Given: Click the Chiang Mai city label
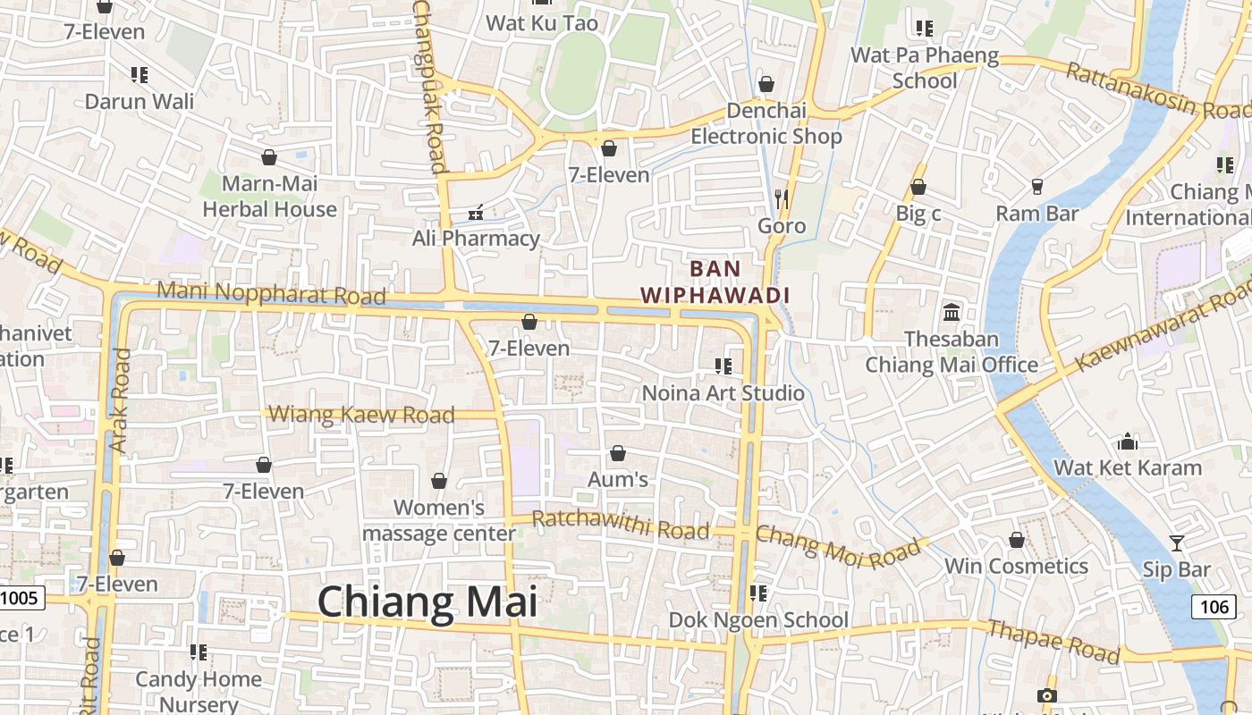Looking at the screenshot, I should click(427, 601).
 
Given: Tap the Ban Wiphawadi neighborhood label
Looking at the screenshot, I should click(715, 282).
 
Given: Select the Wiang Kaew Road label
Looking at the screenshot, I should click(361, 415).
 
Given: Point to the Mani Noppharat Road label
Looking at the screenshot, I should click(271, 293).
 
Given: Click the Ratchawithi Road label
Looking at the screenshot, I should click(621, 525).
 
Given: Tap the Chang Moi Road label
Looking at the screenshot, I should click(837, 545).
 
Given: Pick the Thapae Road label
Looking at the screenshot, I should click(1053, 642).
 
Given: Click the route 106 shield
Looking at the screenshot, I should click(1214, 607).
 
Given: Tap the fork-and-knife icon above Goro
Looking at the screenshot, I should click(782, 198).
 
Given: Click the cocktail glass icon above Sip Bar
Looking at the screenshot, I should click(1176, 543).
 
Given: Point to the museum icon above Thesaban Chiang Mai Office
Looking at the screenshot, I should click(952, 313).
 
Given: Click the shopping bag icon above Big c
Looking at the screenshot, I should click(918, 188).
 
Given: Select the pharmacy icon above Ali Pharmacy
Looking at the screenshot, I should click(476, 213).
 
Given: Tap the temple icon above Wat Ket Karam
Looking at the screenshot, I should click(1127, 442).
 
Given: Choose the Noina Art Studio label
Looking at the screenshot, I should click(723, 392).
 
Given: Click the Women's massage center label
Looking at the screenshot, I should click(439, 520).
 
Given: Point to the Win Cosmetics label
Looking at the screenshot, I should click(1016, 566).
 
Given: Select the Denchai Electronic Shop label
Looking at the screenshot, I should click(766, 123).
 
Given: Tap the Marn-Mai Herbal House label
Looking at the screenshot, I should click(269, 197).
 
